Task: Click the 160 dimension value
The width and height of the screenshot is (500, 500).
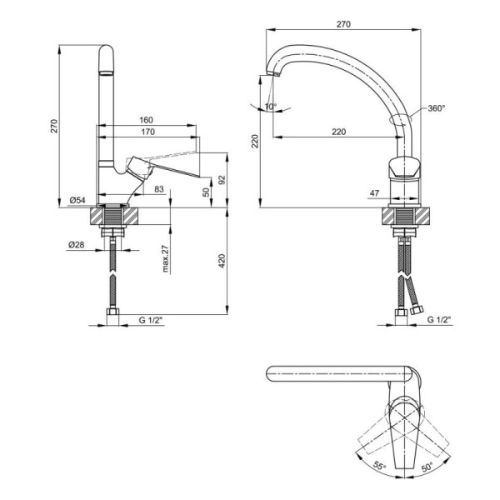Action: click(146, 120)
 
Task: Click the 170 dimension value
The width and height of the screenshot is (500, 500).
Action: click(147, 132)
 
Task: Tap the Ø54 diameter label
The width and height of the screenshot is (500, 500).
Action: click(77, 200)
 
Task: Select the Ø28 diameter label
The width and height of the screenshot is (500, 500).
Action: click(77, 244)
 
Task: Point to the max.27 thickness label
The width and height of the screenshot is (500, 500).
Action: click(165, 258)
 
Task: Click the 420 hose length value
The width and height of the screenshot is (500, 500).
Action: click(222, 261)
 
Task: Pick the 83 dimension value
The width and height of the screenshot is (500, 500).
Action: click(159, 189)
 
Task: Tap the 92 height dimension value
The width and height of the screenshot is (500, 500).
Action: click(222, 180)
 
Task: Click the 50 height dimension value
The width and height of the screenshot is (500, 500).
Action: click(207, 192)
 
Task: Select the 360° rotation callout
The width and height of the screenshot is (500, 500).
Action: click(436, 108)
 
